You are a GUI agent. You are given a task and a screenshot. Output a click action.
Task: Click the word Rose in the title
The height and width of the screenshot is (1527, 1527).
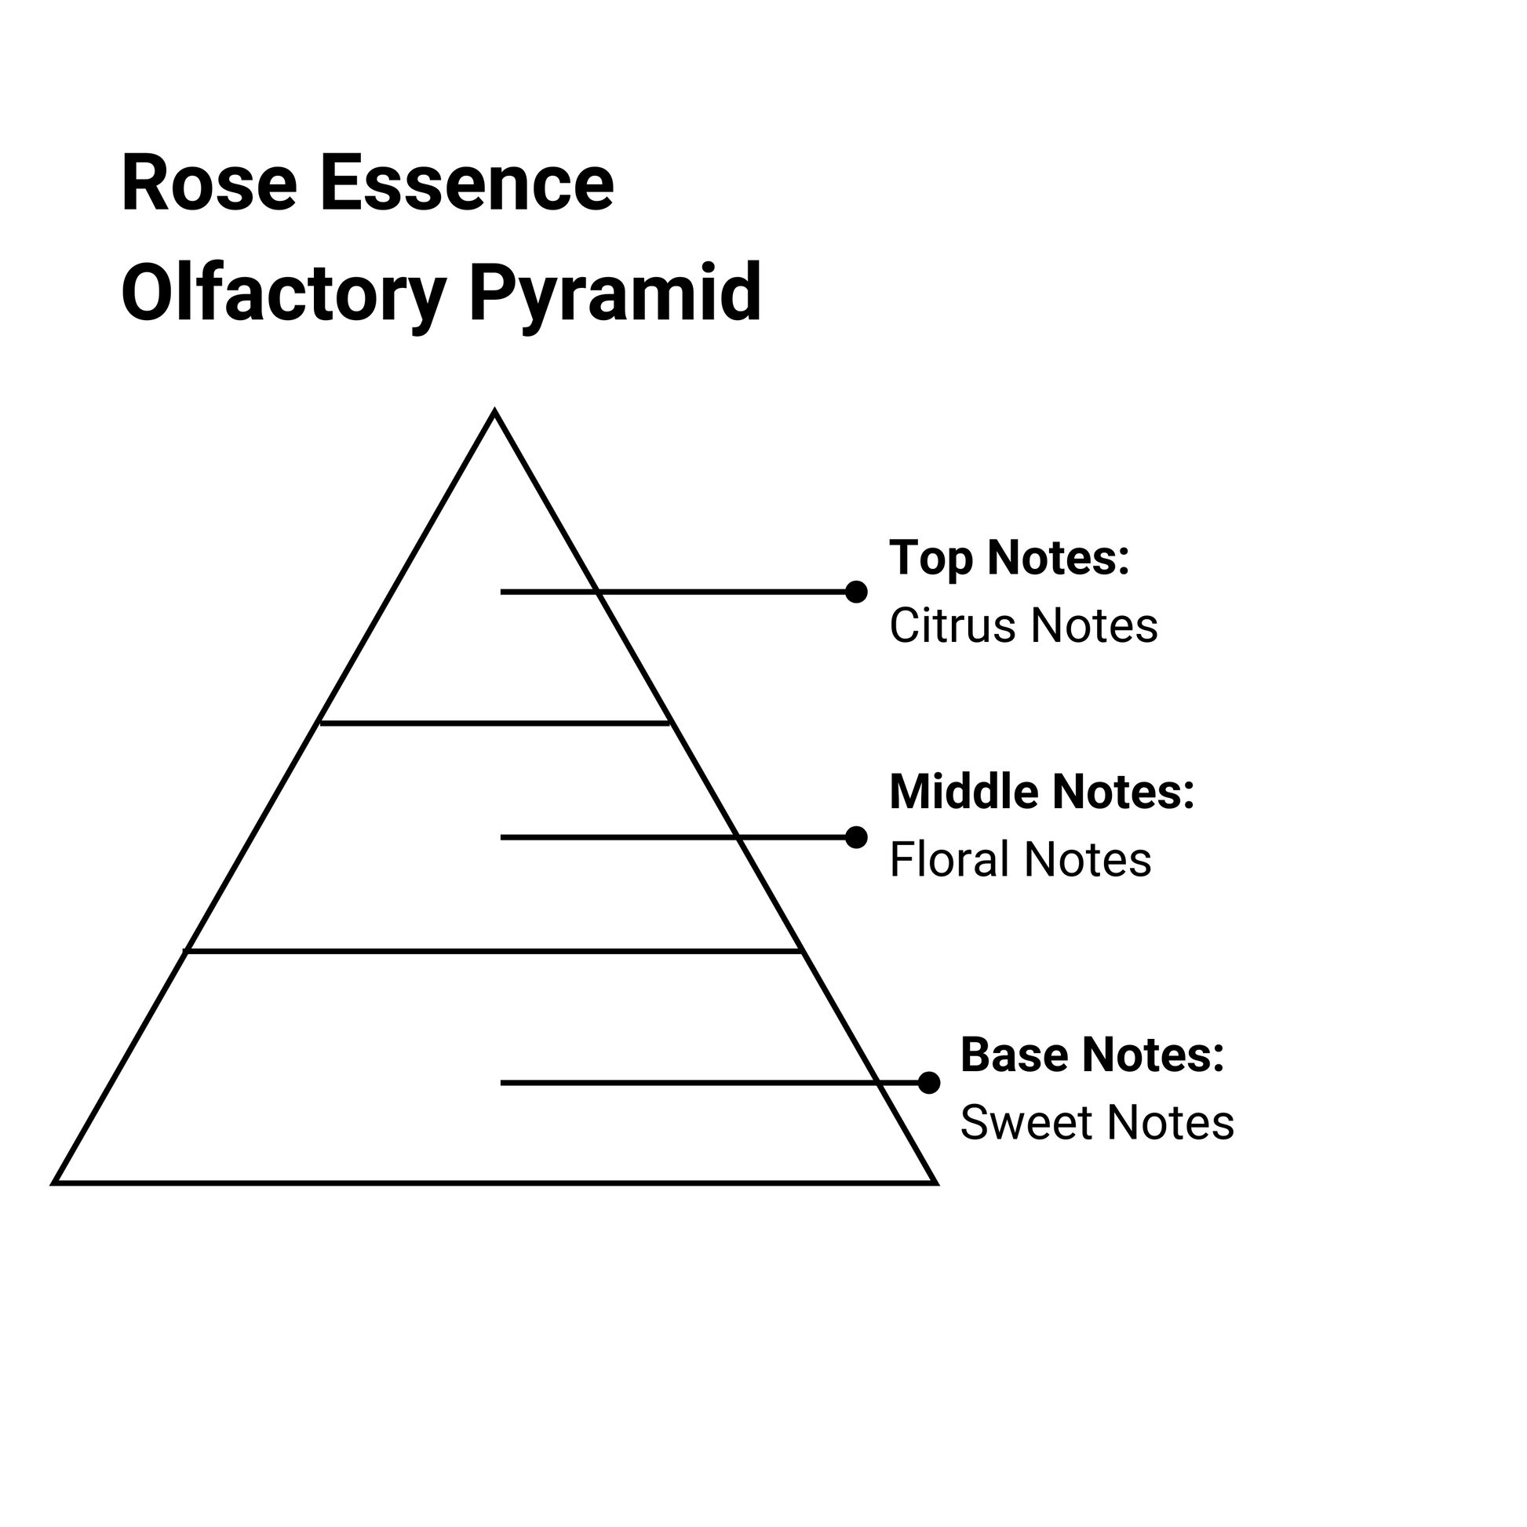pos(210,184)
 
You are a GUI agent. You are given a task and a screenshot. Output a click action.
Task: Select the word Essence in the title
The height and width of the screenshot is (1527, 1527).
pos(466,184)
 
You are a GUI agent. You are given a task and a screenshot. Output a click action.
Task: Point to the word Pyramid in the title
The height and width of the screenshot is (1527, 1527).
pos(615,294)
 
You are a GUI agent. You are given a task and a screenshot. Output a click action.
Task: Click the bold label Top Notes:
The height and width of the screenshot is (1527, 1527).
pos(1009,558)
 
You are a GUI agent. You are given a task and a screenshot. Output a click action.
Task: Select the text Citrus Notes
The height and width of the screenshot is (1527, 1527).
pos(1022,626)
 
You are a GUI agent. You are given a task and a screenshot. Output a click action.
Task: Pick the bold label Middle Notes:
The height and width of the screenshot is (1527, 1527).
pos(1041,792)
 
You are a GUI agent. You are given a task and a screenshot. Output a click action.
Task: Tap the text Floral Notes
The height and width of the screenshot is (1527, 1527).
pos(1019,860)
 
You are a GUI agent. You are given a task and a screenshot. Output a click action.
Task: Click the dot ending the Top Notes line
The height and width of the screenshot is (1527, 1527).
pos(856,592)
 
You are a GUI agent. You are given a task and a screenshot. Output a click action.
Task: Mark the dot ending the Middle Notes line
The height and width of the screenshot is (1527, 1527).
pos(856,837)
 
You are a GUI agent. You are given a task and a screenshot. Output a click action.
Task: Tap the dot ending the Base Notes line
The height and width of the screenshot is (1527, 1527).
pos(929,1083)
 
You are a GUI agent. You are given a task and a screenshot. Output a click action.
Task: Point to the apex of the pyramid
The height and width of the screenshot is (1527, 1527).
pos(495,414)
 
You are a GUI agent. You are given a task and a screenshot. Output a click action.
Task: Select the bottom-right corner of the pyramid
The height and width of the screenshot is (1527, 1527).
pos(935,1183)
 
